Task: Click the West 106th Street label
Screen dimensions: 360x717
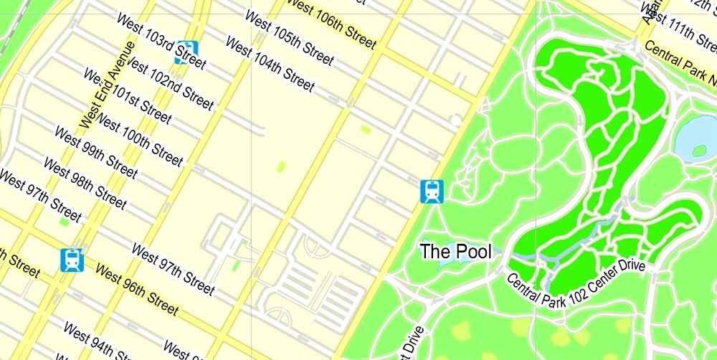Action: (x=331, y=24)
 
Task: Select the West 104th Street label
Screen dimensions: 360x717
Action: (x=270, y=64)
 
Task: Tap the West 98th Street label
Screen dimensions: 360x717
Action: (x=85, y=184)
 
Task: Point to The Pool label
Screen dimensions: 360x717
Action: (x=456, y=252)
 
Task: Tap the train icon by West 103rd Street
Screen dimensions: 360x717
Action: (x=186, y=52)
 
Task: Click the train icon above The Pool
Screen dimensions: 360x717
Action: (x=432, y=191)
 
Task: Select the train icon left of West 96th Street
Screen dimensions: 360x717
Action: (x=72, y=260)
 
